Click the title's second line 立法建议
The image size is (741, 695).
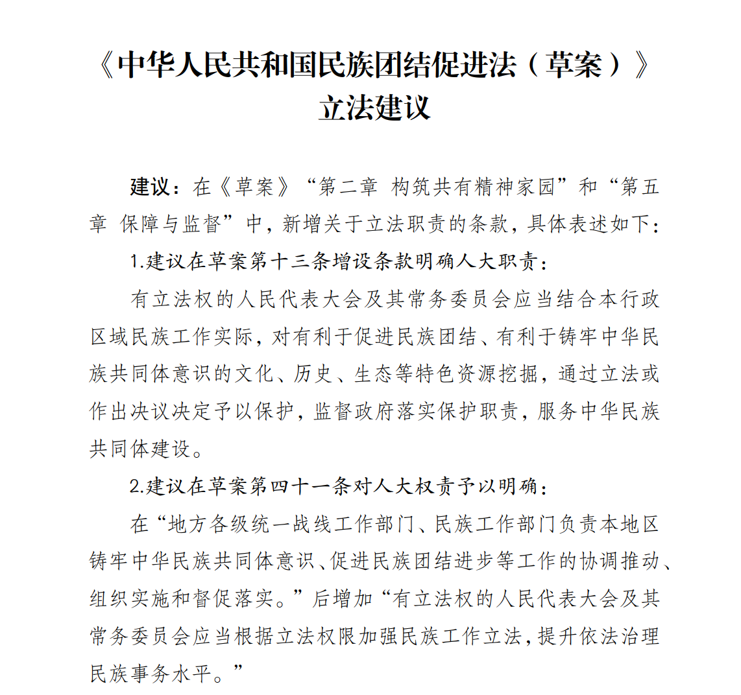click(x=374, y=108)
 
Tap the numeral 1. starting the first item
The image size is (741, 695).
click(x=136, y=262)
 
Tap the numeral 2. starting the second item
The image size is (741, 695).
click(x=136, y=486)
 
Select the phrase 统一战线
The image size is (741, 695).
click(x=281, y=524)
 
